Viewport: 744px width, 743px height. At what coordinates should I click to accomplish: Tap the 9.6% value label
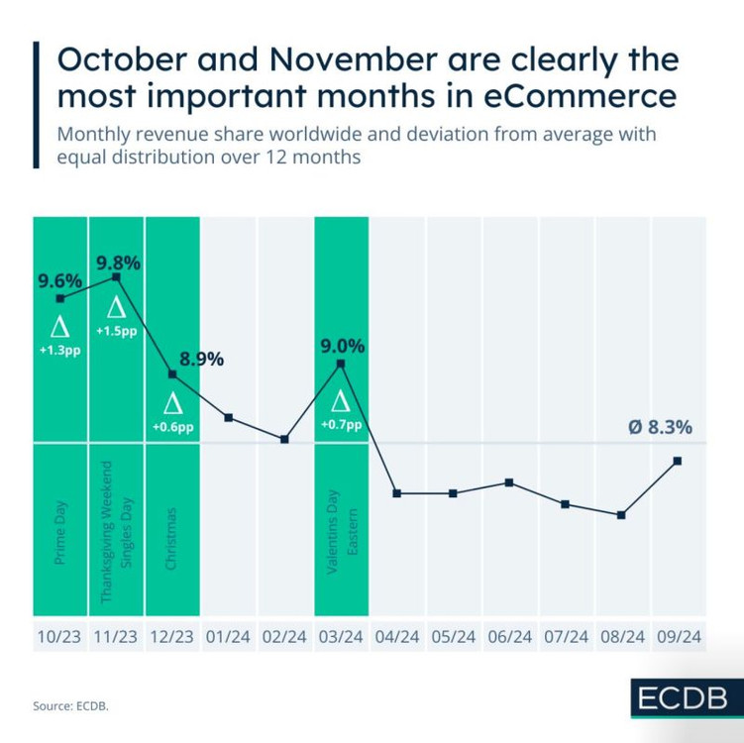pos(59,281)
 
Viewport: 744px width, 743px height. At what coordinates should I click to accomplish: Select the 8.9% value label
pos(201,359)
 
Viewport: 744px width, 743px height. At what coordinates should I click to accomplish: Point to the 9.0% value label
pos(343,347)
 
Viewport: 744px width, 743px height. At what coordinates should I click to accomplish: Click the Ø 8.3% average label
pos(660,428)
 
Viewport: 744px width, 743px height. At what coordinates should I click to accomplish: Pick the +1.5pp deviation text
pos(117,330)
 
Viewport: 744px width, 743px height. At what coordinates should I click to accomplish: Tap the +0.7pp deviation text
pos(341,424)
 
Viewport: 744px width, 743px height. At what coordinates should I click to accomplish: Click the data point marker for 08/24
pos(621,515)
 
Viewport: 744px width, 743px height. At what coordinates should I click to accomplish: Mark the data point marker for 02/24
pos(285,439)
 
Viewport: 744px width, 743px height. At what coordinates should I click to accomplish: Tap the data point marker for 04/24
pos(397,493)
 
